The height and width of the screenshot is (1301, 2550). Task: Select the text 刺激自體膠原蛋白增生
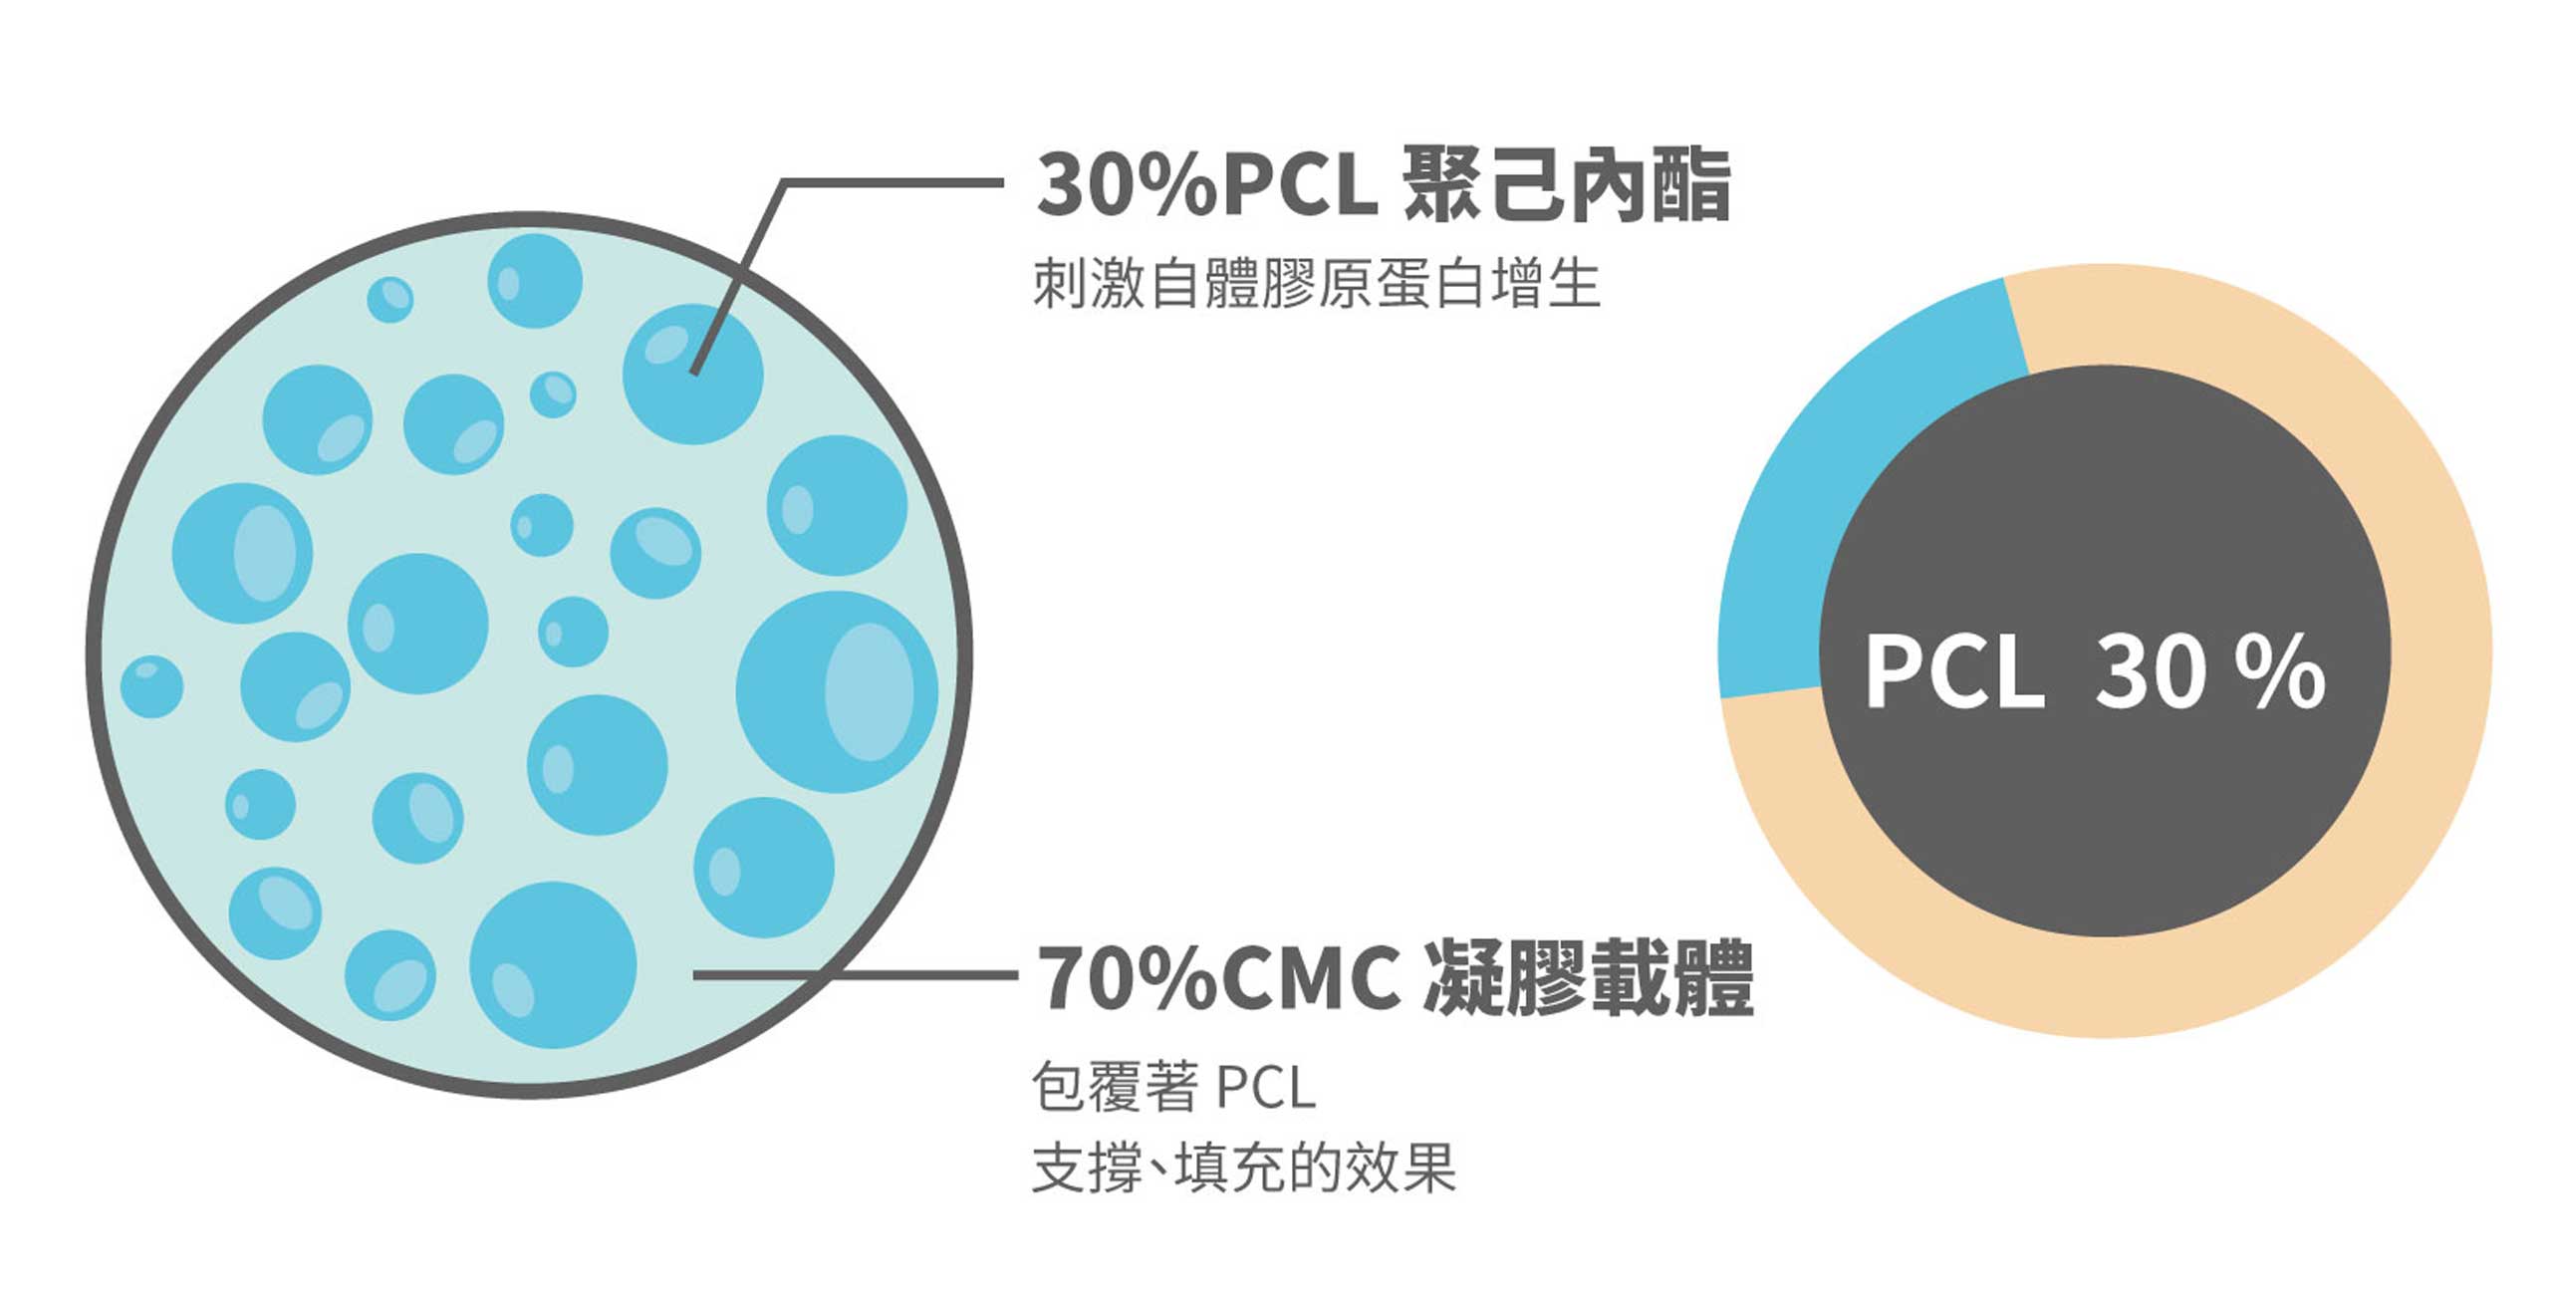point(1316,283)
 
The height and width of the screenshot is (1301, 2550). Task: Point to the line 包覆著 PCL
point(1173,1086)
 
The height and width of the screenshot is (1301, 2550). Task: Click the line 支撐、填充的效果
point(1244,1167)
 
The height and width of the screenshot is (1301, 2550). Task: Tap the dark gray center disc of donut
point(2105,650)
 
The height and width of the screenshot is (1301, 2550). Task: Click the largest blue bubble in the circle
point(837,691)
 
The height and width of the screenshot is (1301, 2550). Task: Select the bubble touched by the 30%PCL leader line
point(693,374)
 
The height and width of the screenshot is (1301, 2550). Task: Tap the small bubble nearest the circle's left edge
point(151,686)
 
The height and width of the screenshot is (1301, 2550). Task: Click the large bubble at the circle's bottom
point(553,964)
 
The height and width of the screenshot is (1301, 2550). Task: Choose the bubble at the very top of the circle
point(535,281)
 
